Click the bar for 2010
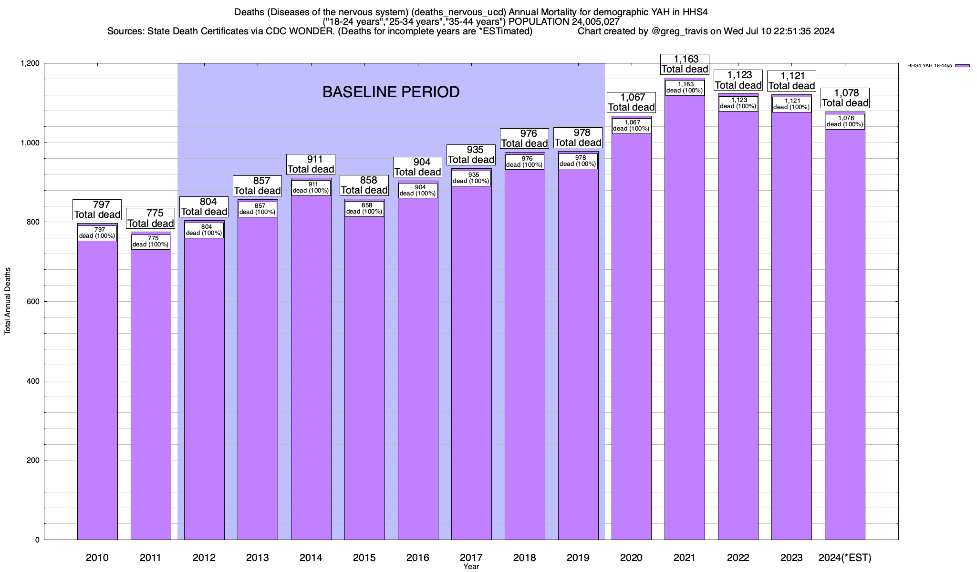click(x=97, y=391)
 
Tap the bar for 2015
click(x=364, y=381)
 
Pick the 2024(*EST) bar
click(x=845, y=334)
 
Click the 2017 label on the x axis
click(x=471, y=557)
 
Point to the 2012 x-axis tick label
click(x=204, y=557)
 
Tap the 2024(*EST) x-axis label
click(x=845, y=557)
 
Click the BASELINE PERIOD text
click(x=391, y=92)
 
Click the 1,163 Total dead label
click(x=685, y=64)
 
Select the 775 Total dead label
click(x=151, y=218)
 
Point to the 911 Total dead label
click(x=311, y=164)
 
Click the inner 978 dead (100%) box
click(x=578, y=161)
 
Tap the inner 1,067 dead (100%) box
click(x=631, y=125)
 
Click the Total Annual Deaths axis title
click(x=8, y=301)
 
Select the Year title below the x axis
click(x=471, y=567)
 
